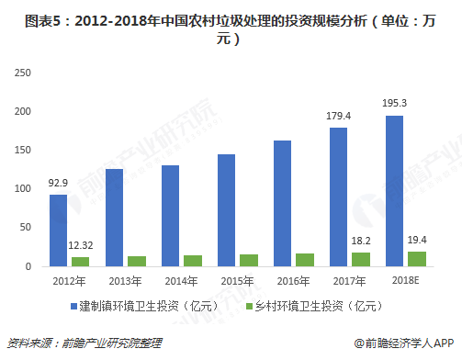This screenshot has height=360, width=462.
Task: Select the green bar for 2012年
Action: coord(81,261)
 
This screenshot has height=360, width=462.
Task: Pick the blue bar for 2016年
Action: coord(282,203)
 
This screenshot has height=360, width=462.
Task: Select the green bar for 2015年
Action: coord(249,260)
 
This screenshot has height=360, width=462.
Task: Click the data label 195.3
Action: coord(395,103)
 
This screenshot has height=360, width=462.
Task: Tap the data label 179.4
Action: coord(339,116)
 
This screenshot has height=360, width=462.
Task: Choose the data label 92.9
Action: coord(58,183)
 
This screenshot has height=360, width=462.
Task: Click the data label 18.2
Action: coord(362,241)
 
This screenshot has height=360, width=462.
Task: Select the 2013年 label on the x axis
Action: coord(126,279)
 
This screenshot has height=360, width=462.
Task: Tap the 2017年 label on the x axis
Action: coord(350,279)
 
